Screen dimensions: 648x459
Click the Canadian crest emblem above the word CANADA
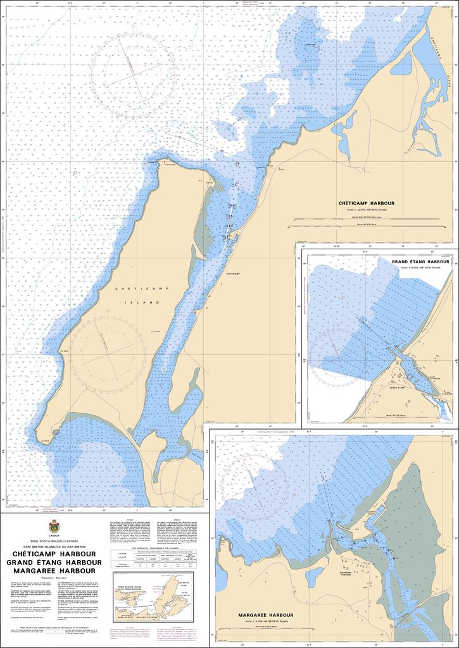pos(54,525)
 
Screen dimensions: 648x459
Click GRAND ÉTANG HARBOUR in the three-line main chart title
pos(54,562)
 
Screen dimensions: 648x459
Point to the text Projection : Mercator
pos(54,578)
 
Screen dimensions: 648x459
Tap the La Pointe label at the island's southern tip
pos(44,440)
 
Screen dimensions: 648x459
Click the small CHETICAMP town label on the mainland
pos(233,273)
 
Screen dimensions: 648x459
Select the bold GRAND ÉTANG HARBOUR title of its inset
pos(420,261)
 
